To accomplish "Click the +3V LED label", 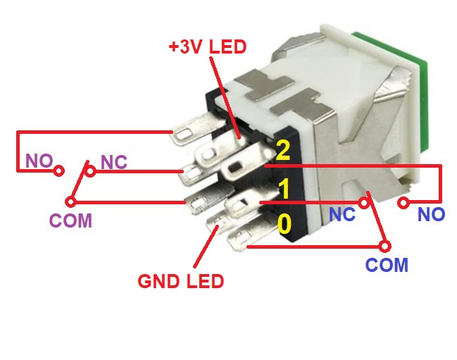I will click(208, 48).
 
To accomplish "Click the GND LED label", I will click(180, 282).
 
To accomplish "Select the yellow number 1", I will click(284, 189).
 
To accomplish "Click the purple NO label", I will click(39, 161).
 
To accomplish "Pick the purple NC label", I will click(113, 162).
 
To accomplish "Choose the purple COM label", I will click(70, 221).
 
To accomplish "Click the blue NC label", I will click(343, 215).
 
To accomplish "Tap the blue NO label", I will click(431, 215).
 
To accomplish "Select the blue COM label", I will click(387, 265).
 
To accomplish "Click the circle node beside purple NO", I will click(60, 170).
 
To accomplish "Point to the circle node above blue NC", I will click(364, 203).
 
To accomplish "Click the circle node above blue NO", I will click(403, 204).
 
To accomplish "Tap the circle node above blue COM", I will click(384, 247).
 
